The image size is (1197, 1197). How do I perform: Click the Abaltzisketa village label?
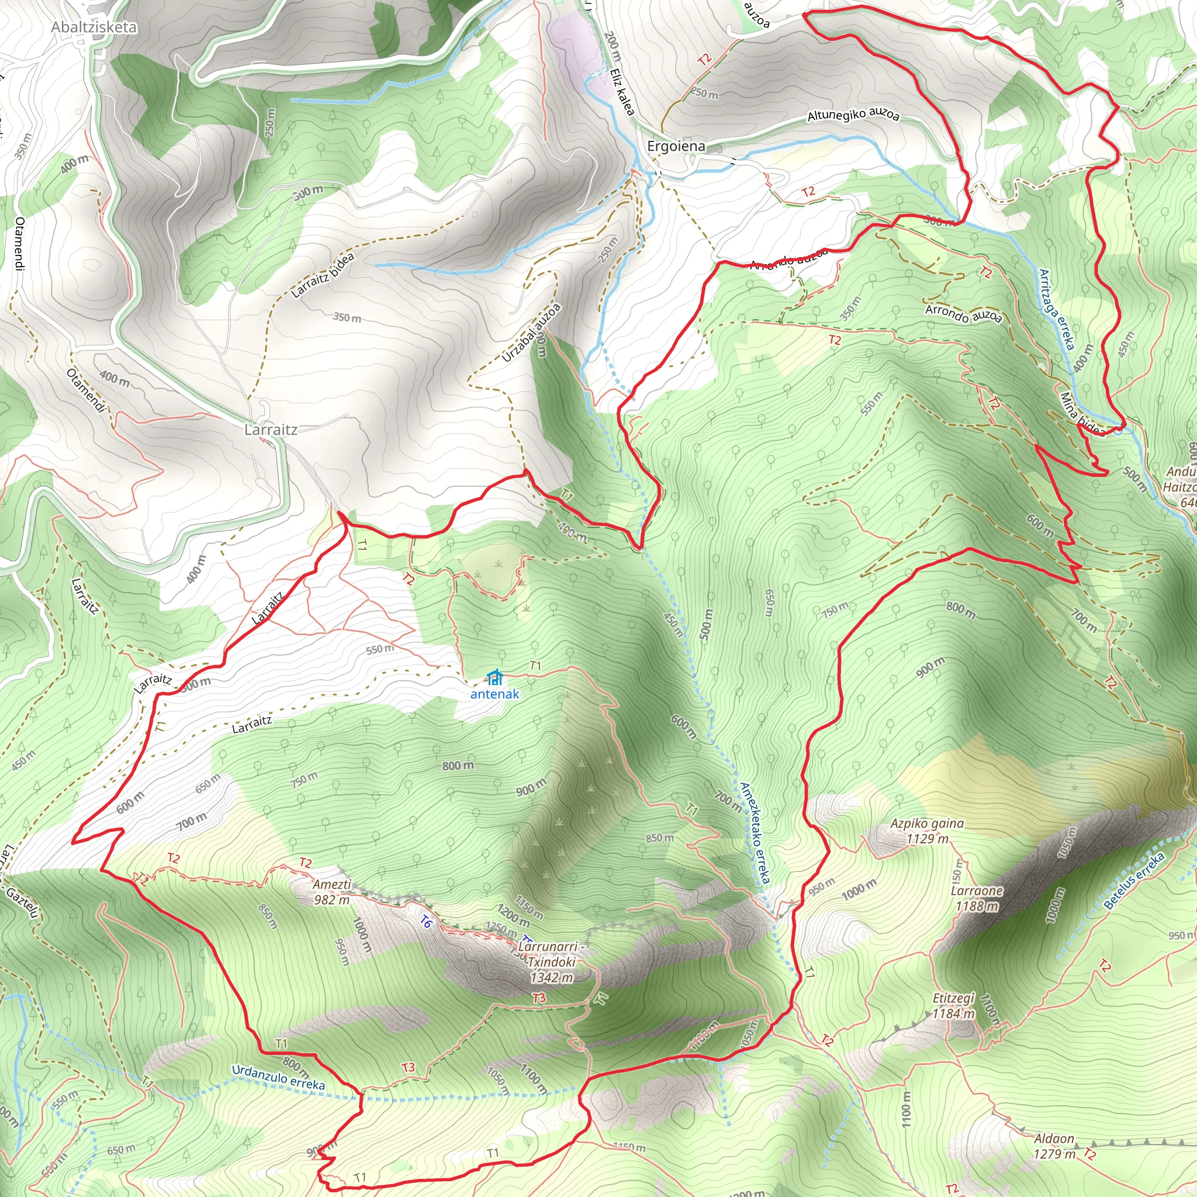[94, 27]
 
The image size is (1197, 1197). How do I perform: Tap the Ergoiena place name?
[676, 146]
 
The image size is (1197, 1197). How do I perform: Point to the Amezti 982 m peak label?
[331, 892]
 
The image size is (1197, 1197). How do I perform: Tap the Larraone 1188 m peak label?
[977, 898]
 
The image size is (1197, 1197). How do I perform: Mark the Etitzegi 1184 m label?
[954, 1006]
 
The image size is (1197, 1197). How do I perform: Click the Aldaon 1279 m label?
[1054, 1146]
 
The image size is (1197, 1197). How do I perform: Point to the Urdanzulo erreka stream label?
[278, 1077]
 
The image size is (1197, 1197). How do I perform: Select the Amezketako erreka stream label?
[755, 833]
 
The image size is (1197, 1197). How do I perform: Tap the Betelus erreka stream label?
[1134, 880]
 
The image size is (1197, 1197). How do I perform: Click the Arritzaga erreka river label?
[1056, 309]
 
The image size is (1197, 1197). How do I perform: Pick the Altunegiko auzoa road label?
[853, 115]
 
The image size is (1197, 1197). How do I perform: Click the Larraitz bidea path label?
[323, 275]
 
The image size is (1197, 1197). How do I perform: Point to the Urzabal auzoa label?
[531, 333]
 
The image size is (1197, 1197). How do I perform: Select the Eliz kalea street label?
[622, 91]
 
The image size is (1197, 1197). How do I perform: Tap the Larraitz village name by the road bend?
[271, 430]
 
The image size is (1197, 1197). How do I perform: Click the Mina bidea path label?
[1082, 414]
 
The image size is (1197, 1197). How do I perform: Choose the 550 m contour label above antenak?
[379, 649]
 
